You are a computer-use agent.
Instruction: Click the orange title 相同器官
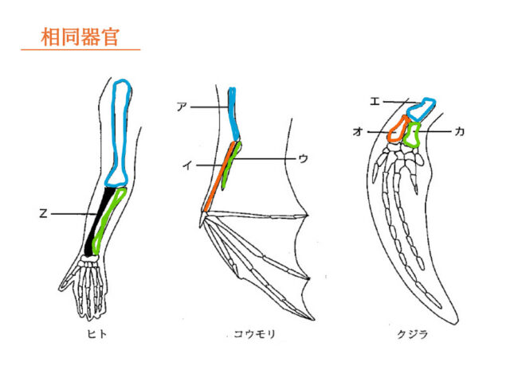point(80,37)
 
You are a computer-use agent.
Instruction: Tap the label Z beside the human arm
point(45,213)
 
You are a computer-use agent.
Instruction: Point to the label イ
point(186,165)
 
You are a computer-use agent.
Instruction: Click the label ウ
point(303,159)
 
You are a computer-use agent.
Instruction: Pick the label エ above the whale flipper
point(375,101)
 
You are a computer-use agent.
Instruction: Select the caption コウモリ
point(249,335)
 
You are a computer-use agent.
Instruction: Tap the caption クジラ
point(414,335)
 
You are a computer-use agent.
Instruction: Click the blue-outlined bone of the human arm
point(121,131)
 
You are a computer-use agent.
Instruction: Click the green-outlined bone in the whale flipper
point(412,134)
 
